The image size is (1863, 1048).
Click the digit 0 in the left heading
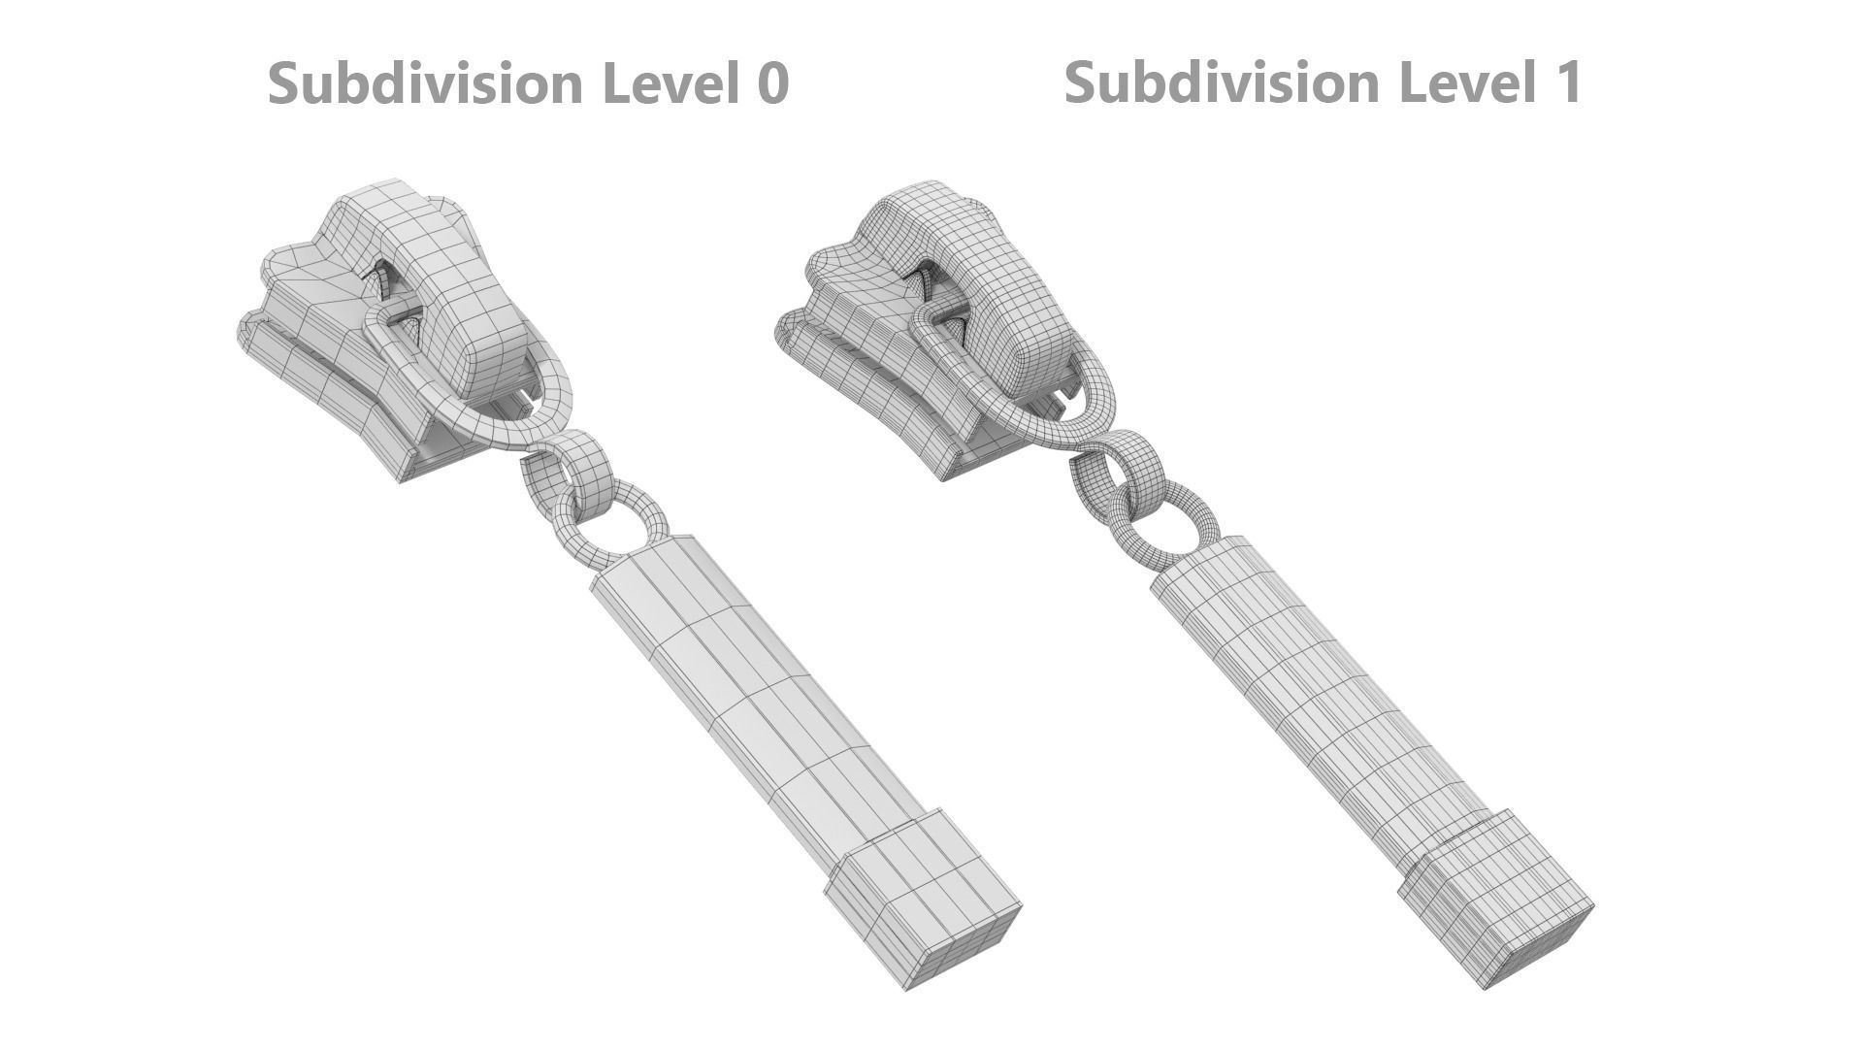[770, 83]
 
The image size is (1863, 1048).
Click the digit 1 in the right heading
[1566, 82]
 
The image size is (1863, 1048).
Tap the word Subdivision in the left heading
[427, 83]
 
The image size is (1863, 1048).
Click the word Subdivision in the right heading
[1223, 82]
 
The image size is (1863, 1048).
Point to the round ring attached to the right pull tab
[1198, 505]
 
